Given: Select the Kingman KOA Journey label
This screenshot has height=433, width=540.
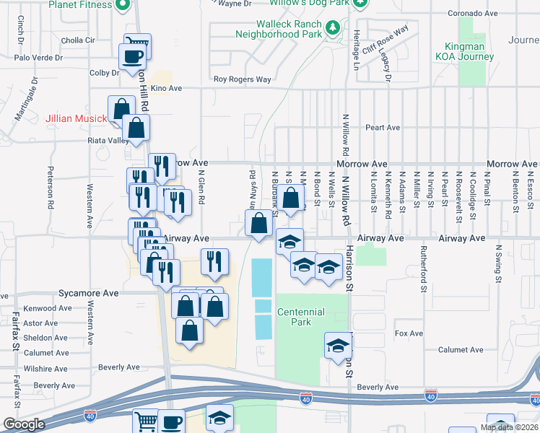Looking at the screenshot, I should point(464,51).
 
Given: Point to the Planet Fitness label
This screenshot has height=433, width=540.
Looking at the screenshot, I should point(81,4).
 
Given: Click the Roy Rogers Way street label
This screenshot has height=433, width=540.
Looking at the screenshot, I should point(242,79).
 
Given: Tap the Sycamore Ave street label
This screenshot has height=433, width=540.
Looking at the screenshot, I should point(89,294).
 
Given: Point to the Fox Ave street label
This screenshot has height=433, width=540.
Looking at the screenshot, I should point(409,333).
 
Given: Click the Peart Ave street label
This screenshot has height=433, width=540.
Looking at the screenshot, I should point(383,128).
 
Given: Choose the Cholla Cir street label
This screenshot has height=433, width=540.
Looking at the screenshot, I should point(79,40).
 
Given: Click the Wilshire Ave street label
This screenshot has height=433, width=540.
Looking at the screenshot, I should point(45,369).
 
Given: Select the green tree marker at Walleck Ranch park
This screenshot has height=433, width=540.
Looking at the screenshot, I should point(332,28).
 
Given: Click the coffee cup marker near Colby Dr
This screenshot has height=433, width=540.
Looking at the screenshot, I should point(132,57).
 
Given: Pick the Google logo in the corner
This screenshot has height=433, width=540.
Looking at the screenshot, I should point(24,424).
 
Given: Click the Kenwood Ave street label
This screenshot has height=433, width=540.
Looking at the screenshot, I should point(48,308).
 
